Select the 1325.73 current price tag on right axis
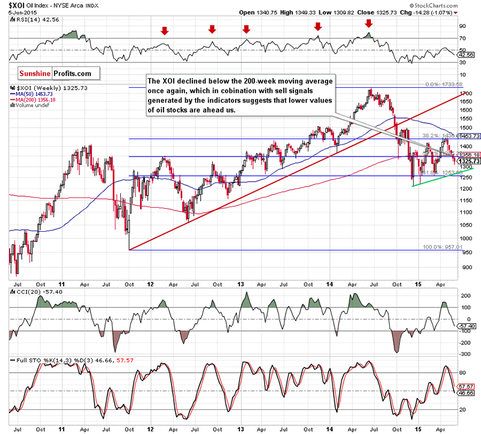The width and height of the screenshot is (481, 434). click(468, 161)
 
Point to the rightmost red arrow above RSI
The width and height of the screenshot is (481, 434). click(369, 23)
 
